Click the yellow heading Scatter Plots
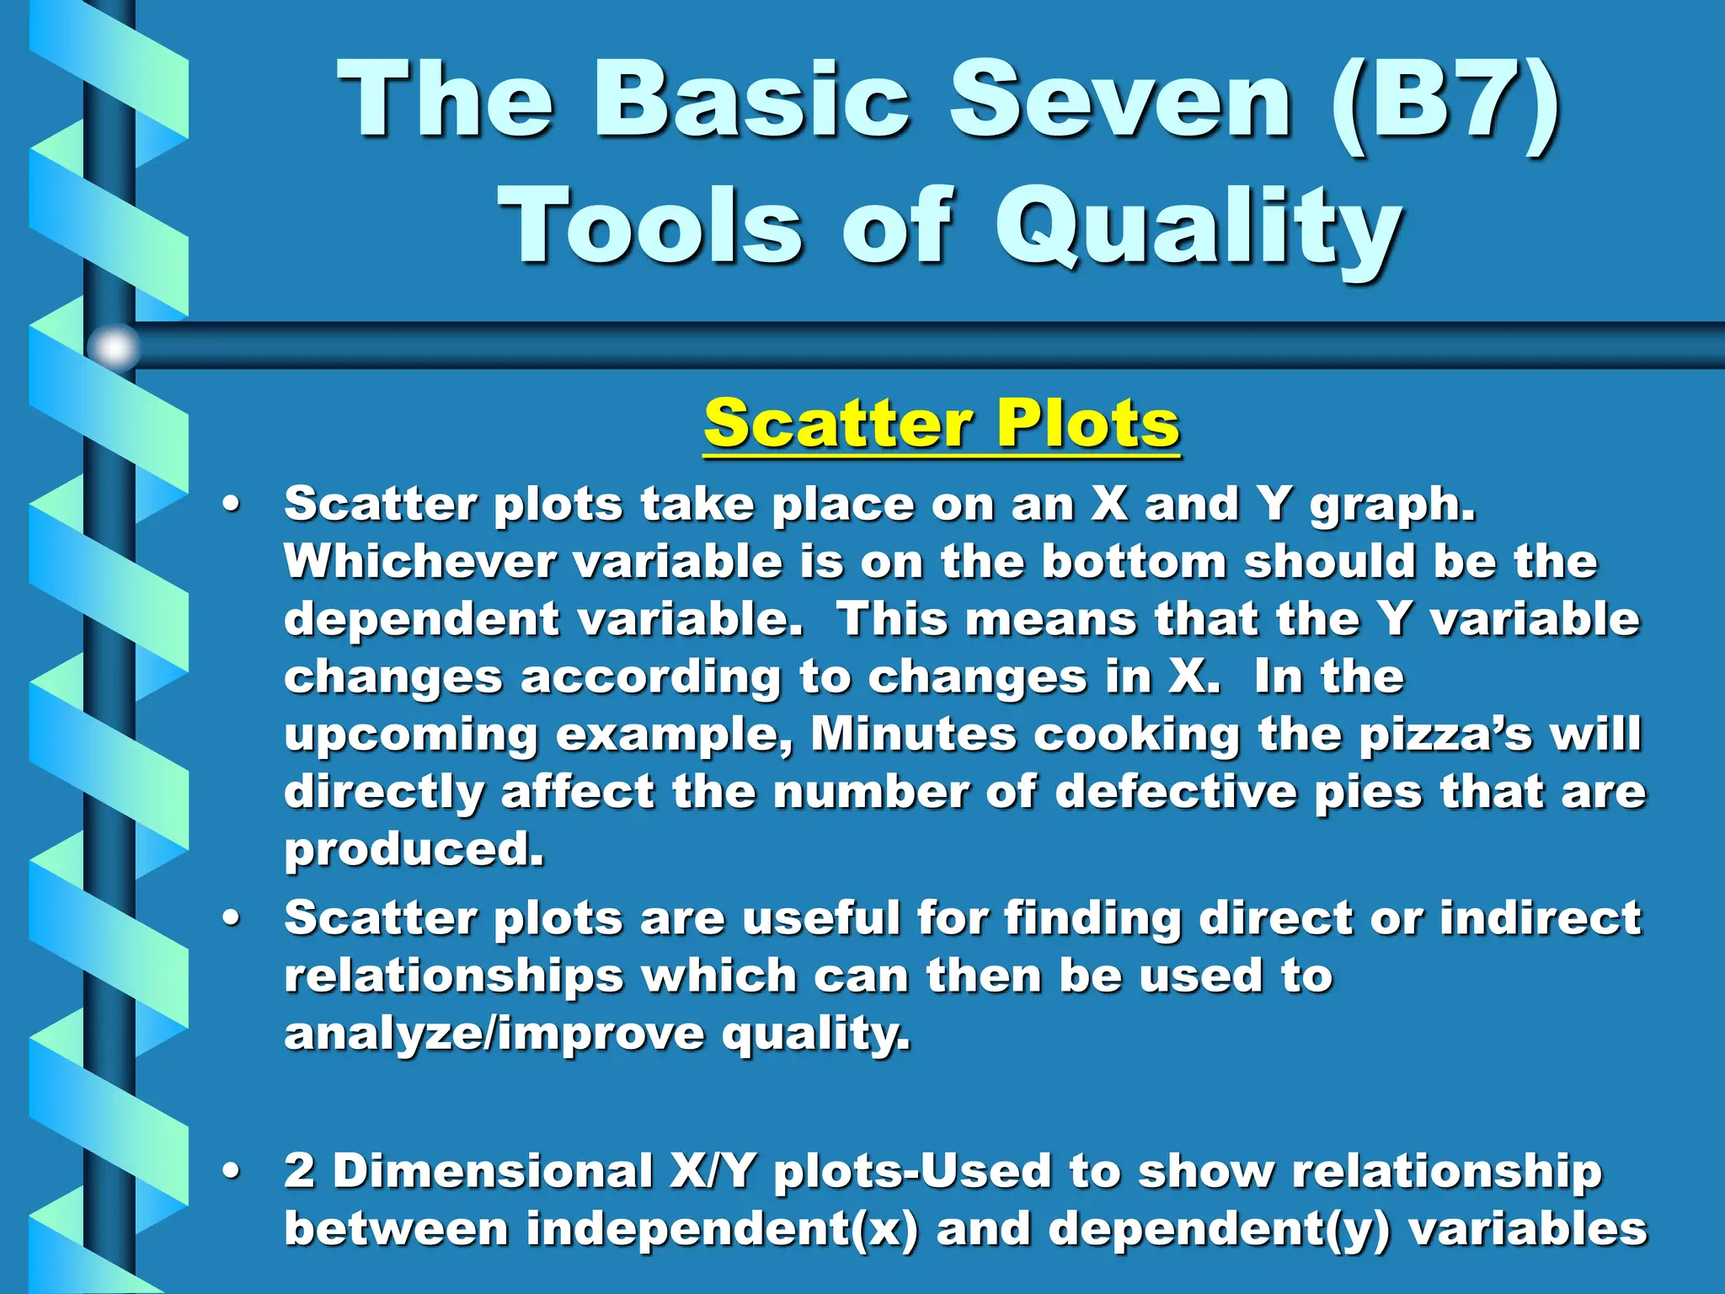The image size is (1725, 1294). tap(942, 423)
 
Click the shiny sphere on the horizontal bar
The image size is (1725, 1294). tap(114, 346)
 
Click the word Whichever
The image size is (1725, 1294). tap(419, 562)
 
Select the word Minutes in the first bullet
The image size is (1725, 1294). tap(913, 734)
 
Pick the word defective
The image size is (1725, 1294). tap(1176, 792)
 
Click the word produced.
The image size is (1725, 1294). tap(413, 850)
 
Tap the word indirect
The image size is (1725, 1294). tap(1540, 918)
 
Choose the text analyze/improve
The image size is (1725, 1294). tap(494, 1035)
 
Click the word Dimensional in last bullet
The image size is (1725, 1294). tap(493, 1172)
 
